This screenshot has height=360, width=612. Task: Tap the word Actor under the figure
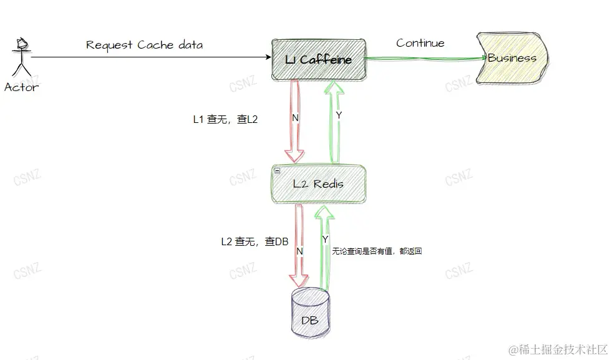pos(21,87)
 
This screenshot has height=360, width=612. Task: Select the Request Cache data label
pos(144,45)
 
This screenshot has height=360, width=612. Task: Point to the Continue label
pos(420,43)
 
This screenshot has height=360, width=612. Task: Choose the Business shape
pos(512,58)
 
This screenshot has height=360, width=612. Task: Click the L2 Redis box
pos(318,183)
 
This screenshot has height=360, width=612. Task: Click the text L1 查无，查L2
pos(225,119)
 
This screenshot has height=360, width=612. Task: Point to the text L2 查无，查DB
pos(255,241)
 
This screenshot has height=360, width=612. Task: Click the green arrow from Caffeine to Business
pos(424,59)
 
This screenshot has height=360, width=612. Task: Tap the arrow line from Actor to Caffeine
pos(150,57)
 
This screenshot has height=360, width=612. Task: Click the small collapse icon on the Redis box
pos(277,170)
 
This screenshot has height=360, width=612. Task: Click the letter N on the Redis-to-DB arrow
pos(299,251)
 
